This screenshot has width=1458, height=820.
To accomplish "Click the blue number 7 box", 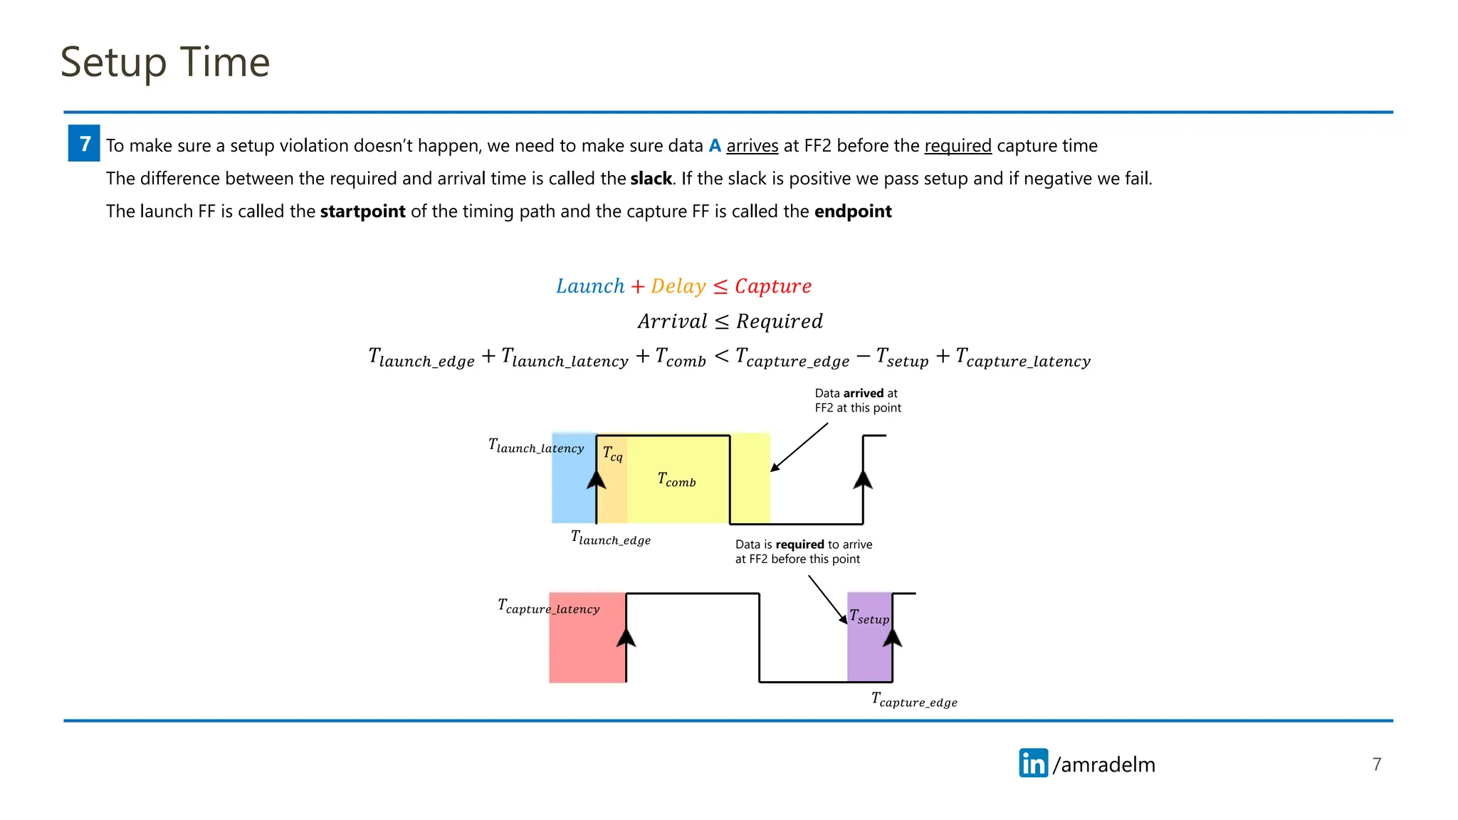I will click(x=84, y=143).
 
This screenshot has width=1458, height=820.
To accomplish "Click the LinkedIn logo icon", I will click(x=1033, y=763).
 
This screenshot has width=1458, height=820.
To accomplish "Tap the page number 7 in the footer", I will click(x=1376, y=764).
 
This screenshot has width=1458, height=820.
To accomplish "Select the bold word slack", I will click(x=651, y=179).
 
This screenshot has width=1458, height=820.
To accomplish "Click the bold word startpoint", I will click(x=362, y=211).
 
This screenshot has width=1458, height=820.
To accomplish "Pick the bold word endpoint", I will click(x=852, y=211).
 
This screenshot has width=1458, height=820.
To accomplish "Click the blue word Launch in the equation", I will click(x=590, y=286).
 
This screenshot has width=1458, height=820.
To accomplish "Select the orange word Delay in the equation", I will click(x=678, y=286).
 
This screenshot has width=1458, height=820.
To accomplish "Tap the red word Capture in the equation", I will click(x=772, y=286).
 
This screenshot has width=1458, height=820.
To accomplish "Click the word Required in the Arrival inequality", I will click(x=779, y=322).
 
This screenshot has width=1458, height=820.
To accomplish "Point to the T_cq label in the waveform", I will click(x=612, y=453).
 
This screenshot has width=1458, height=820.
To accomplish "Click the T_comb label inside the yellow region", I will click(x=676, y=480).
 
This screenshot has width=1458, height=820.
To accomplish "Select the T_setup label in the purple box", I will click(x=869, y=617).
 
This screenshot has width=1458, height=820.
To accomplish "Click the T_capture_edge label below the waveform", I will click(x=914, y=700).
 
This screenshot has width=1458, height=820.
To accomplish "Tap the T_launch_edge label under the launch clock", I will click(x=610, y=538).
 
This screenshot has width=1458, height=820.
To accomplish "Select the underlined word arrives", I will click(x=752, y=146).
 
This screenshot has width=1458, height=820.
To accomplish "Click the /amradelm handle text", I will click(x=1103, y=764).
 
